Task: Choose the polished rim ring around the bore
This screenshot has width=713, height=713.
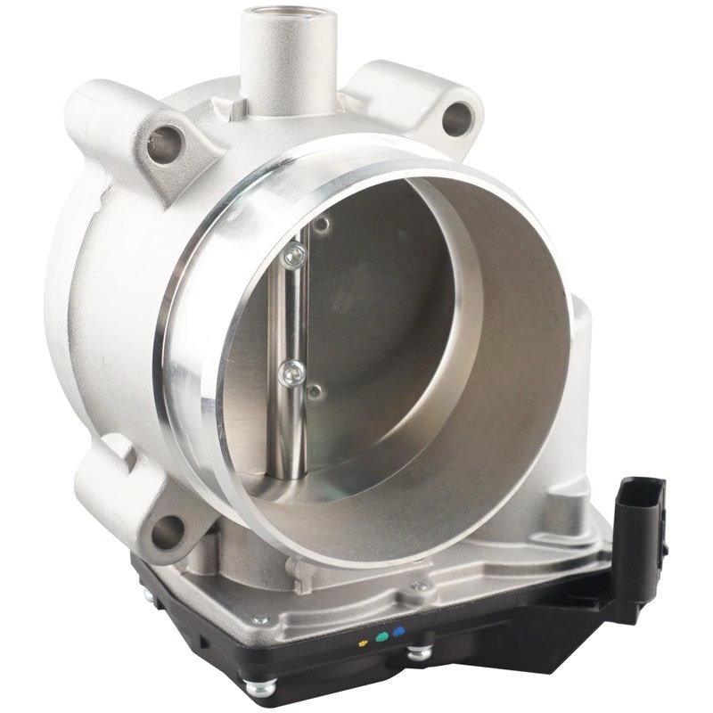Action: click(192, 356)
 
